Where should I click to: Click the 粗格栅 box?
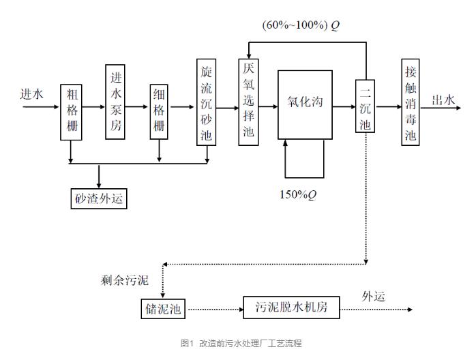point(71,112)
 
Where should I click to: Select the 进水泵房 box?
point(115,102)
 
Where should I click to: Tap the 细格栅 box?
point(160,112)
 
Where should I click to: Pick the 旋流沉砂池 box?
point(207,102)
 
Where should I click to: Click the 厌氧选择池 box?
point(248,102)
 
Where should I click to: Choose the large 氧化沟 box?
point(305,104)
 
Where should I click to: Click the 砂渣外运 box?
point(100,198)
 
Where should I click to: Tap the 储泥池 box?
point(163,309)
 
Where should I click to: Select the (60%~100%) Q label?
point(301,25)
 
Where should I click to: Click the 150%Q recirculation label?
point(298,195)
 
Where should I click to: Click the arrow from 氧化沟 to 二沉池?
point(344,107)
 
